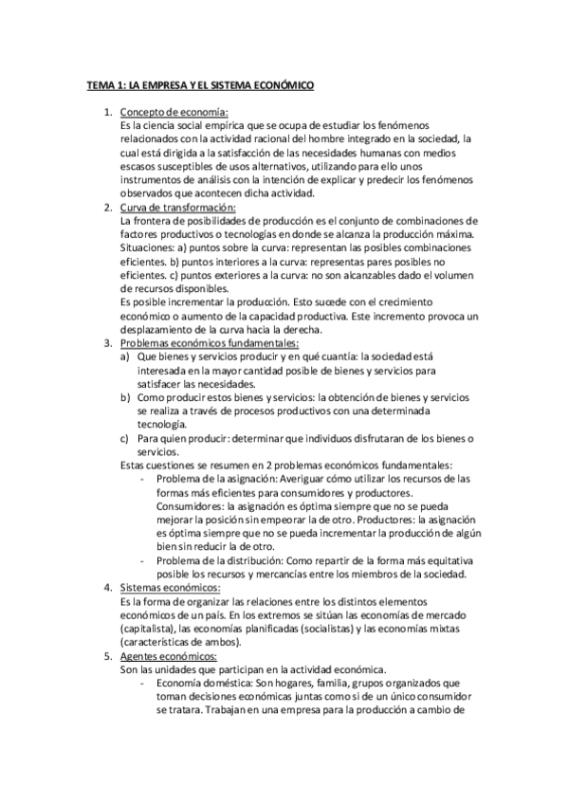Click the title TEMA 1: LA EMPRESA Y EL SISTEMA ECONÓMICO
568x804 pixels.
[x=200, y=85]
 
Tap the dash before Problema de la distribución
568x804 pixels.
[x=141, y=560]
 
